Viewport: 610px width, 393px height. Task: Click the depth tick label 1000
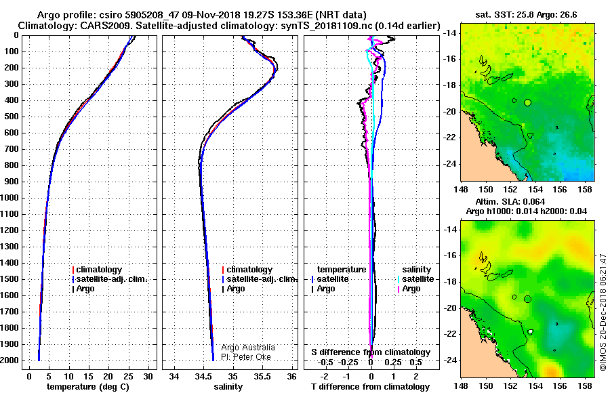click(x=9, y=198)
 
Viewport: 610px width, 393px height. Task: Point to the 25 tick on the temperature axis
click(x=128, y=376)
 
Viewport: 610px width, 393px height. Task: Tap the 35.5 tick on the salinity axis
click(x=262, y=376)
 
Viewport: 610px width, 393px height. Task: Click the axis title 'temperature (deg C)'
click(x=88, y=387)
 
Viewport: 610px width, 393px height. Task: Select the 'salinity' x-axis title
click(x=228, y=387)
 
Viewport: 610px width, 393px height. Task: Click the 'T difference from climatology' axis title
click(x=370, y=387)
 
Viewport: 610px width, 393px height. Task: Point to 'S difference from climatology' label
click(x=371, y=352)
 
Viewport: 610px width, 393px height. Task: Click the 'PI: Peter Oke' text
click(x=246, y=357)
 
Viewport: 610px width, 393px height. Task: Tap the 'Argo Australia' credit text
click(x=248, y=348)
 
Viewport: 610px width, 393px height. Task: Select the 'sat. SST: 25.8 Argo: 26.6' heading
click(x=526, y=15)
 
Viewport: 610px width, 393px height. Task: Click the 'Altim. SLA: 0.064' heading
click(x=510, y=201)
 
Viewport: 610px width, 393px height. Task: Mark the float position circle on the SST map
click(x=527, y=103)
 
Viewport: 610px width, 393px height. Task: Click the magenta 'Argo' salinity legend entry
click(x=409, y=289)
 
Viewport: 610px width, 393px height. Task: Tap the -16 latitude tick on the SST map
click(x=450, y=59)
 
